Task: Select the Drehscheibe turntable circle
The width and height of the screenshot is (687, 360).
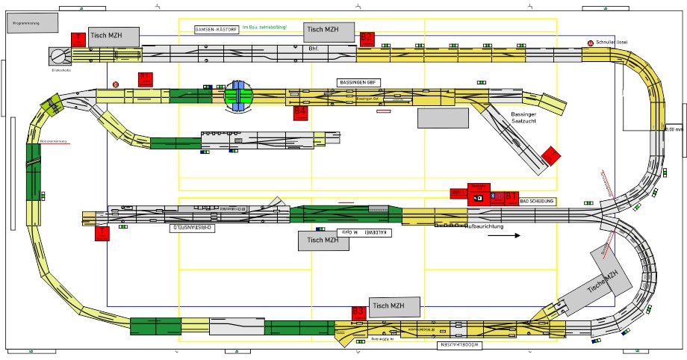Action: click(58, 55)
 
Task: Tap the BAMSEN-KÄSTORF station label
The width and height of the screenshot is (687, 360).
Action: click(216, 30)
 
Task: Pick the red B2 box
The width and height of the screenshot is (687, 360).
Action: click(366, 37)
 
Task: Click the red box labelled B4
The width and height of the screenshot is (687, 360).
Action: click(300, 111)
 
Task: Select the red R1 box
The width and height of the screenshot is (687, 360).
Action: click(146, 78)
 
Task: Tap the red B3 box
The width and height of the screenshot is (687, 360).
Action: click(358, 311)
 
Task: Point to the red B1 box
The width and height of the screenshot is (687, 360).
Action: click(512, 197)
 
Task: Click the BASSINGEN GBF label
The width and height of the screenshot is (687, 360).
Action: click(359, 82)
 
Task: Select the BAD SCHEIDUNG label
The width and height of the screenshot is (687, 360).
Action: click(537, 202)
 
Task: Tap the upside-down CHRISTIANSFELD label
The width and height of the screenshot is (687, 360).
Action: click(193, 227)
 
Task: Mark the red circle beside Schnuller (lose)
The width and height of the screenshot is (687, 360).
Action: click(590, 43)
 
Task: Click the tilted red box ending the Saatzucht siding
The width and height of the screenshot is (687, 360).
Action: click(551, 156)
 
